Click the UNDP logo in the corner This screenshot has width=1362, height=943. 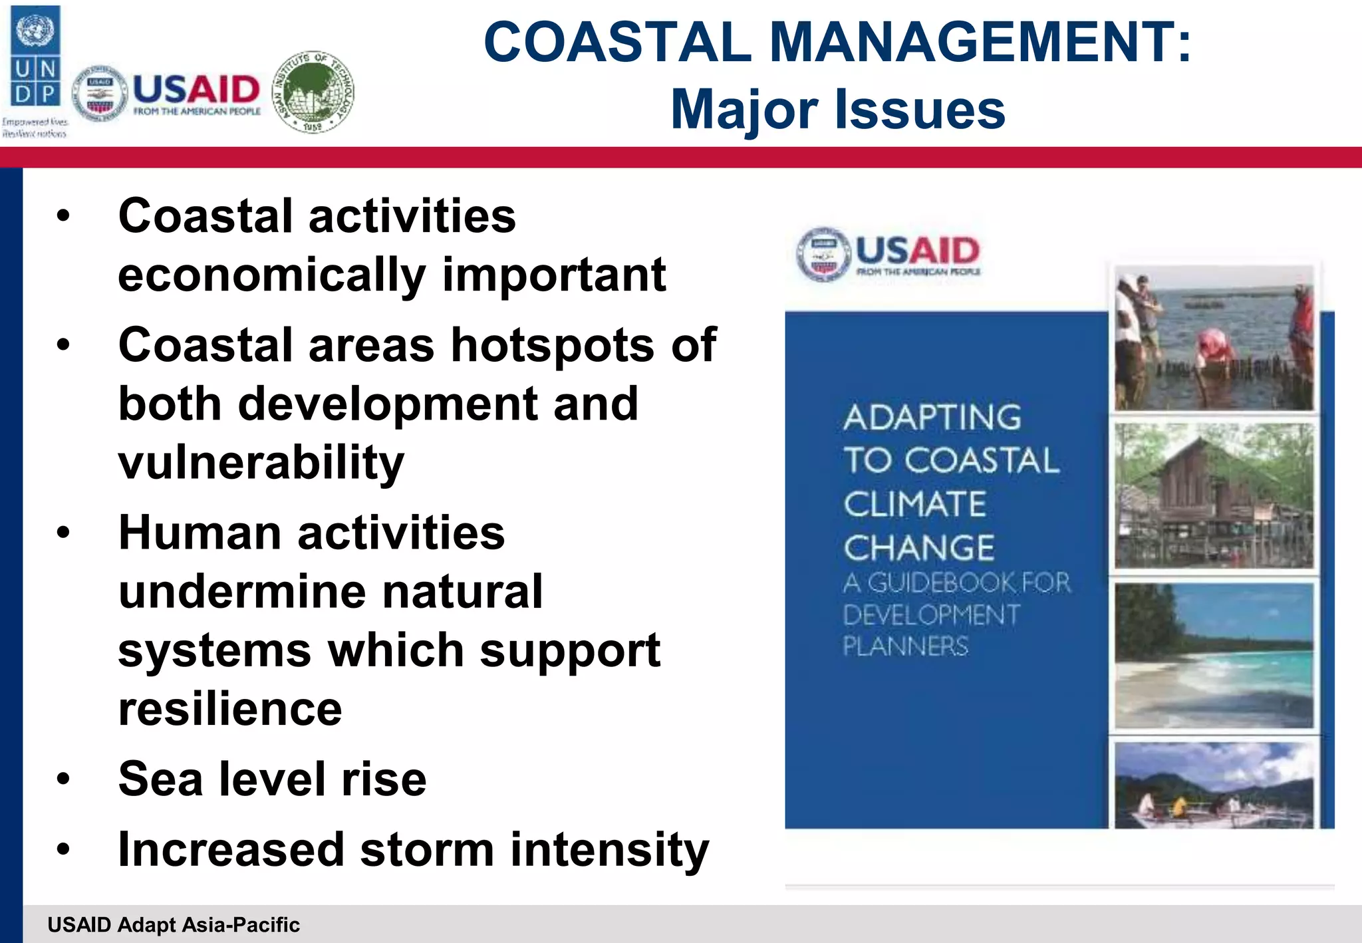(x=35, y=57)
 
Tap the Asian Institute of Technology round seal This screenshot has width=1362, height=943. (x=315, y=92)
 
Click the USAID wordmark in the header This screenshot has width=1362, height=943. (x=196, y=90)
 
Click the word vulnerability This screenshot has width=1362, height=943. (x=261, y=462)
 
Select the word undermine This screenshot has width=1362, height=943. (x=241, y=591)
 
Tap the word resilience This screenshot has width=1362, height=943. (x=230, y=709)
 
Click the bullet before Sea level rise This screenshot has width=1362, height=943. (x=63, y=779)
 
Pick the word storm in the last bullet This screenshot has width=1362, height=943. (x=428, y=850)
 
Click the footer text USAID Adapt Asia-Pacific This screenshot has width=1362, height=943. (x=174, y=925)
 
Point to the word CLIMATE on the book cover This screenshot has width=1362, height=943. (x=915, y=504)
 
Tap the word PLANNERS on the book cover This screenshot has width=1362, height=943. (x=906, y=646)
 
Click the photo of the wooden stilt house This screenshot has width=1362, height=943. (x=1214, y=496)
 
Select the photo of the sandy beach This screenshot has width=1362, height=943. (x=1214, y=656)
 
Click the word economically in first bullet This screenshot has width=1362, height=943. (x=271, y=275)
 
